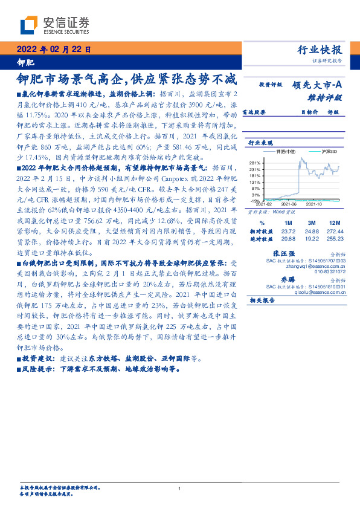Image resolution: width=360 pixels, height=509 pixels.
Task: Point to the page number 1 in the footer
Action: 180,488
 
